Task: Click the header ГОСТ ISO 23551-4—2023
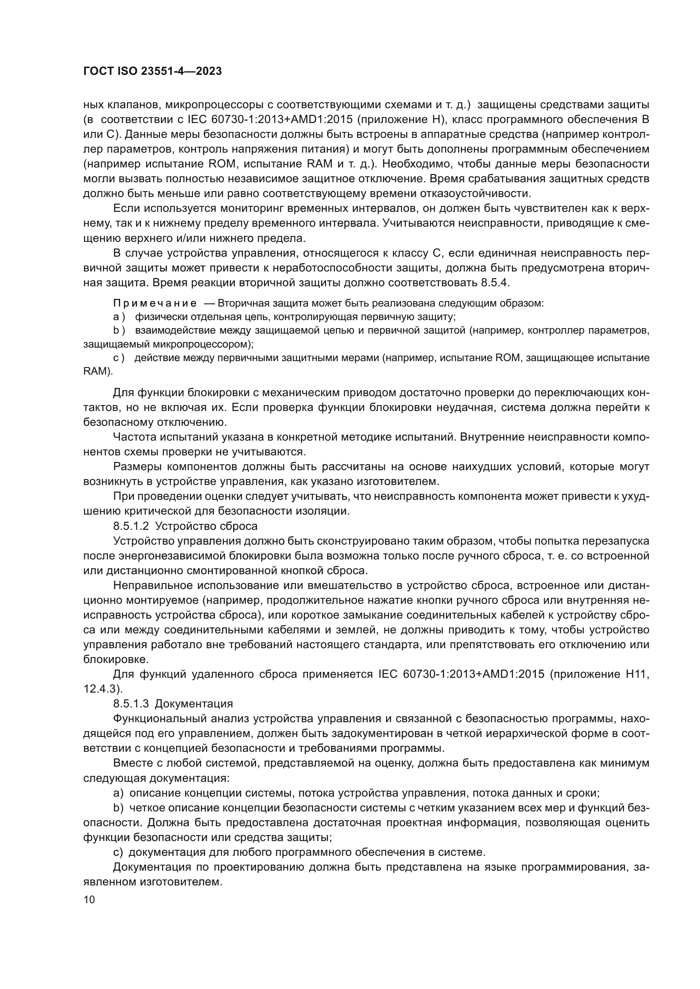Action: (x=152, y=71)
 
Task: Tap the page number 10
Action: (x=89, y=899)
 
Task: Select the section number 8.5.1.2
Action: (x=131, y=526)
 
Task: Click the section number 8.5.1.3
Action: (x=131, y=704)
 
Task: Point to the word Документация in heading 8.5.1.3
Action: (x=193, y=704)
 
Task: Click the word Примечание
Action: (x=155, y=303)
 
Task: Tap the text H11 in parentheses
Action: (x=637, y=674)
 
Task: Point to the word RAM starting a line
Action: (x=94, y=371)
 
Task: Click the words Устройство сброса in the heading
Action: (x=206, y=526)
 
